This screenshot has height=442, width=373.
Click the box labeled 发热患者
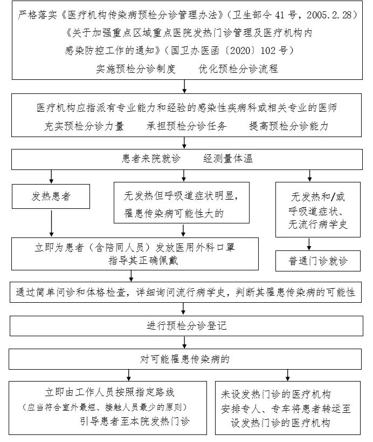(x=51, y=197)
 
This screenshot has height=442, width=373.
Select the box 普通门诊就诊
(x=312, y=261)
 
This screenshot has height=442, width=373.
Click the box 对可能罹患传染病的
(x=185, y=359)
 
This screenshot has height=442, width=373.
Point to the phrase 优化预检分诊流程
(x=238, y=69)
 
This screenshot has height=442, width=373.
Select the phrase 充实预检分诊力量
(x=84, y=126)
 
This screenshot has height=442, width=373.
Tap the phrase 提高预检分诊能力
(x=288, y=126)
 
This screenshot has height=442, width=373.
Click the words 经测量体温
(x=228, y=159)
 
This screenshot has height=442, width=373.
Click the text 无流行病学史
(x=312, y=224)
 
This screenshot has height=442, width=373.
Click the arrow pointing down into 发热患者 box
(x=51, y=176)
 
